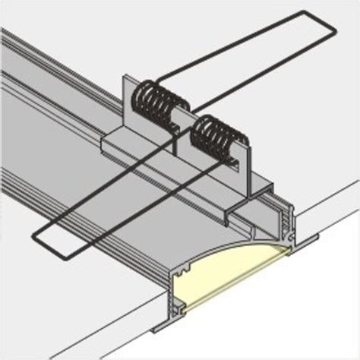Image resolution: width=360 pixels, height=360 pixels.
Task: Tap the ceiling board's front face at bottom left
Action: (68, 319)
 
